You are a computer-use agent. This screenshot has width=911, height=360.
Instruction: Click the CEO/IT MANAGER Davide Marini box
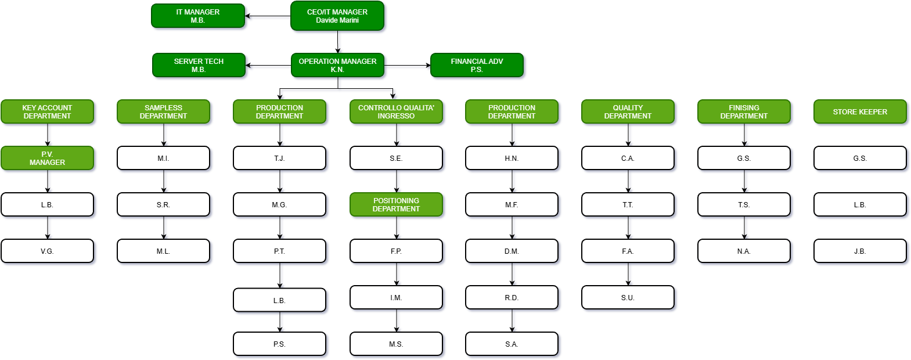pyautogui.click(x=337, y=16)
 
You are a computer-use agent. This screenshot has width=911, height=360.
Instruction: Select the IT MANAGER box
pyautogui.click(x=198, y=16)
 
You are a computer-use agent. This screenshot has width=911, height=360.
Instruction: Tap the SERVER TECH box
pyautogui.click(x=199, y=65)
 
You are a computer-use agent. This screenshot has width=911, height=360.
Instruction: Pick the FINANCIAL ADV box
pyautogui.click(x=477, y=65)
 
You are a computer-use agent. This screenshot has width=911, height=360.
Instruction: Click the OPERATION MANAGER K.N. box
pyautogui.click(x=337, y=65)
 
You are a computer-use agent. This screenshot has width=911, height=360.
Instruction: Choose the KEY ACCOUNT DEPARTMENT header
pyautogui.click(x=47, y=111)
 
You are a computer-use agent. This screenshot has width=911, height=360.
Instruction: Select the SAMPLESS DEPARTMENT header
pyautogui.click(x=163, y=111)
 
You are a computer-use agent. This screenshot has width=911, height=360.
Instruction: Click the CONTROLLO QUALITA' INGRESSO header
pyautogui.click(x=396, y=111)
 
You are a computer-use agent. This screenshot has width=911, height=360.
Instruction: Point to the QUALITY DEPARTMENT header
pyautogui.click(x=628, y=111)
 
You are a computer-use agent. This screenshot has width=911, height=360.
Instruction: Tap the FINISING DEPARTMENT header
pyautogui.click(x=744, y=111)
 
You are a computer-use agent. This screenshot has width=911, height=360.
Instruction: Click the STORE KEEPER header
pyautogui.click(x=860, y=111)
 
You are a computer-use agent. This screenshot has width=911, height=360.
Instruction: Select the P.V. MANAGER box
pyautogui.click(x=47, y=158)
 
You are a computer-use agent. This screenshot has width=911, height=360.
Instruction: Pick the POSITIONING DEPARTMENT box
pyautogui.click(x=396, y=204)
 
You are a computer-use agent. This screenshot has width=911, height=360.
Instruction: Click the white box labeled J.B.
pyautogui.click(x=860, y=251)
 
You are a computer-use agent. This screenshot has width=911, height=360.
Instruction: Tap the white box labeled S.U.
pyautogui.click(x=628, y=297)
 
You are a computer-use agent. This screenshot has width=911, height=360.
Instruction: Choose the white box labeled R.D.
pyautogui.click(x=512, y=297)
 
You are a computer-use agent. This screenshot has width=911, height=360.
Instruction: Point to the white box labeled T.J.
pyautogui.click(x=279, y=158)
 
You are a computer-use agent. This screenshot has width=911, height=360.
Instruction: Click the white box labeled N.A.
pyautogui.click(x=744, y=251)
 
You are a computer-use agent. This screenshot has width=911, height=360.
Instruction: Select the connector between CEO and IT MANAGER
pyautogui.click(x=269, y=18)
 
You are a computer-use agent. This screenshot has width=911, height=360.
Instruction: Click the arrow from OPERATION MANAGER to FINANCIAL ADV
pyautogui.click(x=408, y=67)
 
